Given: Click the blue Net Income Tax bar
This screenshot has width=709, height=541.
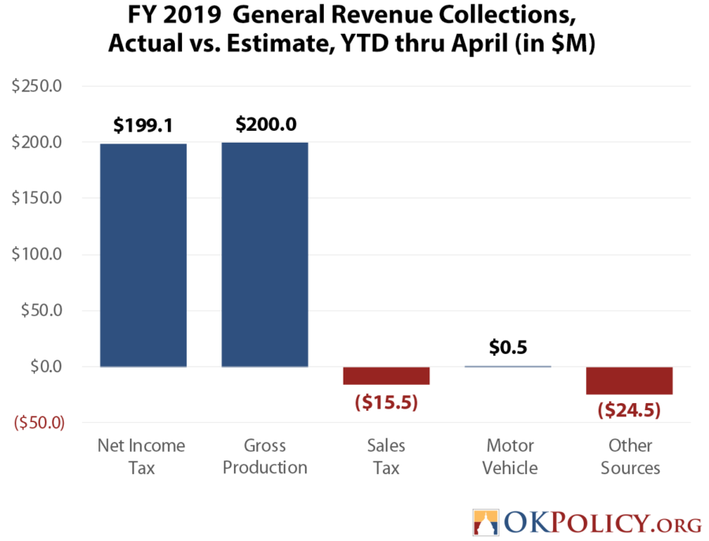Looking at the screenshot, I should [143, 255].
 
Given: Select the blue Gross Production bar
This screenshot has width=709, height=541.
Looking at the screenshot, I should [265, 255].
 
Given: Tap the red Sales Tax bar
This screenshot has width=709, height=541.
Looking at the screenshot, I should [386, 375].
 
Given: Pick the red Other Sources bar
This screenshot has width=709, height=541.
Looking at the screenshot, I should [629, 380].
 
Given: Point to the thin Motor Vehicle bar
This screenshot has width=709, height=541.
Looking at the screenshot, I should [507, 366].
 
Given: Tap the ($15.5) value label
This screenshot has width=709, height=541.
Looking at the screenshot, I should [386, 402].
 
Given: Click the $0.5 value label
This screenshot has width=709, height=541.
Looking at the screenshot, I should [508, 348].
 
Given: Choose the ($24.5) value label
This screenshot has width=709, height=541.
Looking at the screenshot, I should [629, 410].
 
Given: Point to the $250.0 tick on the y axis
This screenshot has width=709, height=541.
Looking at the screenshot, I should [36, 86].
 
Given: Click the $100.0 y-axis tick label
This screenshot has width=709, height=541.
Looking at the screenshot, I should [36, 255].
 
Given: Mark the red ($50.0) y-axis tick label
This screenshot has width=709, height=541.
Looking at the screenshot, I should [36, 423].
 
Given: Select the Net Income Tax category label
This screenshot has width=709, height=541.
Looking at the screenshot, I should [142, 457].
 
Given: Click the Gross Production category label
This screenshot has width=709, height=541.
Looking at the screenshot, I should [265, 457].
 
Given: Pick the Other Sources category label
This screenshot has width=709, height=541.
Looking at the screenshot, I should [629, 457].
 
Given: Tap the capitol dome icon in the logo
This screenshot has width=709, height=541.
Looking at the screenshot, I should [485, 521].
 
